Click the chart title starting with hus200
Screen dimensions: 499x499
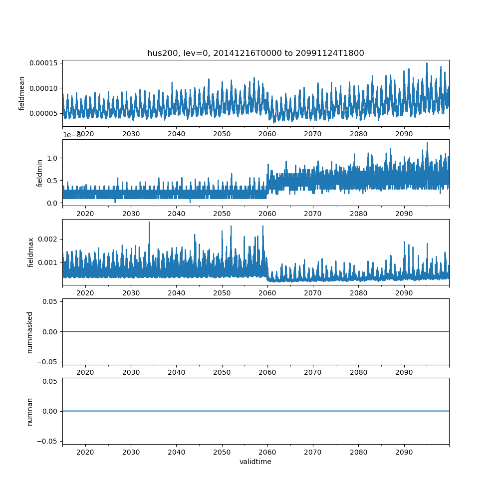(255, 53)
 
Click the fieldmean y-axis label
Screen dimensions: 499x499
(22, 94)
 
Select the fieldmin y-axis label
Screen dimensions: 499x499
(40, 173)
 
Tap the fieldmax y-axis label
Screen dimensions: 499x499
(31, 252)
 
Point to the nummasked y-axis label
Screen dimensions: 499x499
(29, 332)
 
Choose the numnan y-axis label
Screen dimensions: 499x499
(29, 411)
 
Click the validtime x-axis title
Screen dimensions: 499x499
(255, 462)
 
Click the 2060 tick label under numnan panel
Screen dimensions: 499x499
(267, 452)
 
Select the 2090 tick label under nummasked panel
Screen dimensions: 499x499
(404, 373)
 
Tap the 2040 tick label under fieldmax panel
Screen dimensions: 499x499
(177, 293)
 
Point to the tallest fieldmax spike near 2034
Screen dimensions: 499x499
(149, 222)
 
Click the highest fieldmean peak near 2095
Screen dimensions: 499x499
(427, 63)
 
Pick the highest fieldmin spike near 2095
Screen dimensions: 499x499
(427, 143)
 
